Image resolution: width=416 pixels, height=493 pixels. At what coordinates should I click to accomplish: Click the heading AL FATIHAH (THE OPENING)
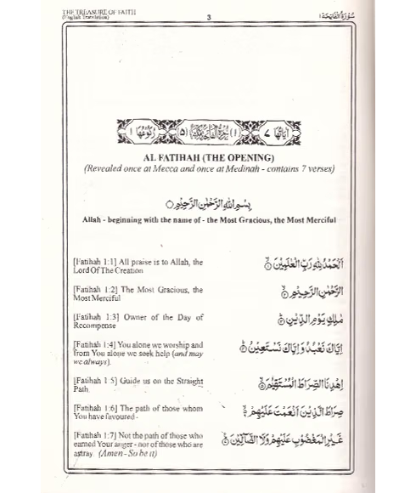[207, 157]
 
